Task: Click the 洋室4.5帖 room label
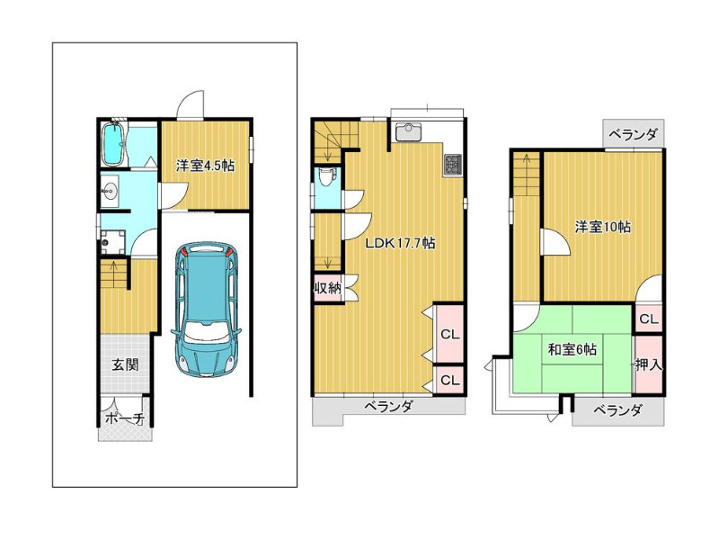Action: point(205,166)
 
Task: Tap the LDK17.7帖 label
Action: point(400,243)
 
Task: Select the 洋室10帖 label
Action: point(602,227)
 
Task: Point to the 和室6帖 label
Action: point(573,350)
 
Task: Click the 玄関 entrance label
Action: point(125,365)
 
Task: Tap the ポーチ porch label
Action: point(125,418)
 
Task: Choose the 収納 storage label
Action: point(327,288)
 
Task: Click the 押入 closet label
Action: point(649,365)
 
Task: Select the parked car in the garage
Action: point(206,310)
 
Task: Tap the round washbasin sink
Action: point(110,188)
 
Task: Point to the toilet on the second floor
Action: point(326,176)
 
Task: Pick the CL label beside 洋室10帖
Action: point(648,319)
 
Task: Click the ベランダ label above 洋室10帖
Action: point(634,134)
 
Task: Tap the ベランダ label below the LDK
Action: point(389,407)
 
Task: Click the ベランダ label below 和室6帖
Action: point(617,410)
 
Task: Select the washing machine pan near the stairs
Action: point(112,241)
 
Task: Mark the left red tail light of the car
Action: point(183,251)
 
